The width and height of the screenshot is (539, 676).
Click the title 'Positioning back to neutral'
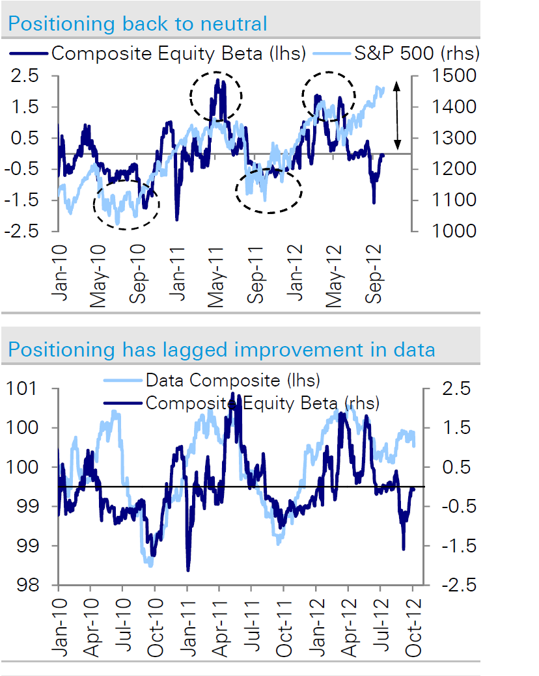[137, 25]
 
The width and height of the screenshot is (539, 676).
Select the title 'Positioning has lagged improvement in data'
[221, 349]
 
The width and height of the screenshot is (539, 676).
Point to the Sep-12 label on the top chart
[377, 269]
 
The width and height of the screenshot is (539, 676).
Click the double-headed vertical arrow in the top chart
[398, 115]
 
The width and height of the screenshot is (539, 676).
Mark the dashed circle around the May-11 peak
[216, 96]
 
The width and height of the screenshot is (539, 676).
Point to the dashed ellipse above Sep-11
[269, 190]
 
